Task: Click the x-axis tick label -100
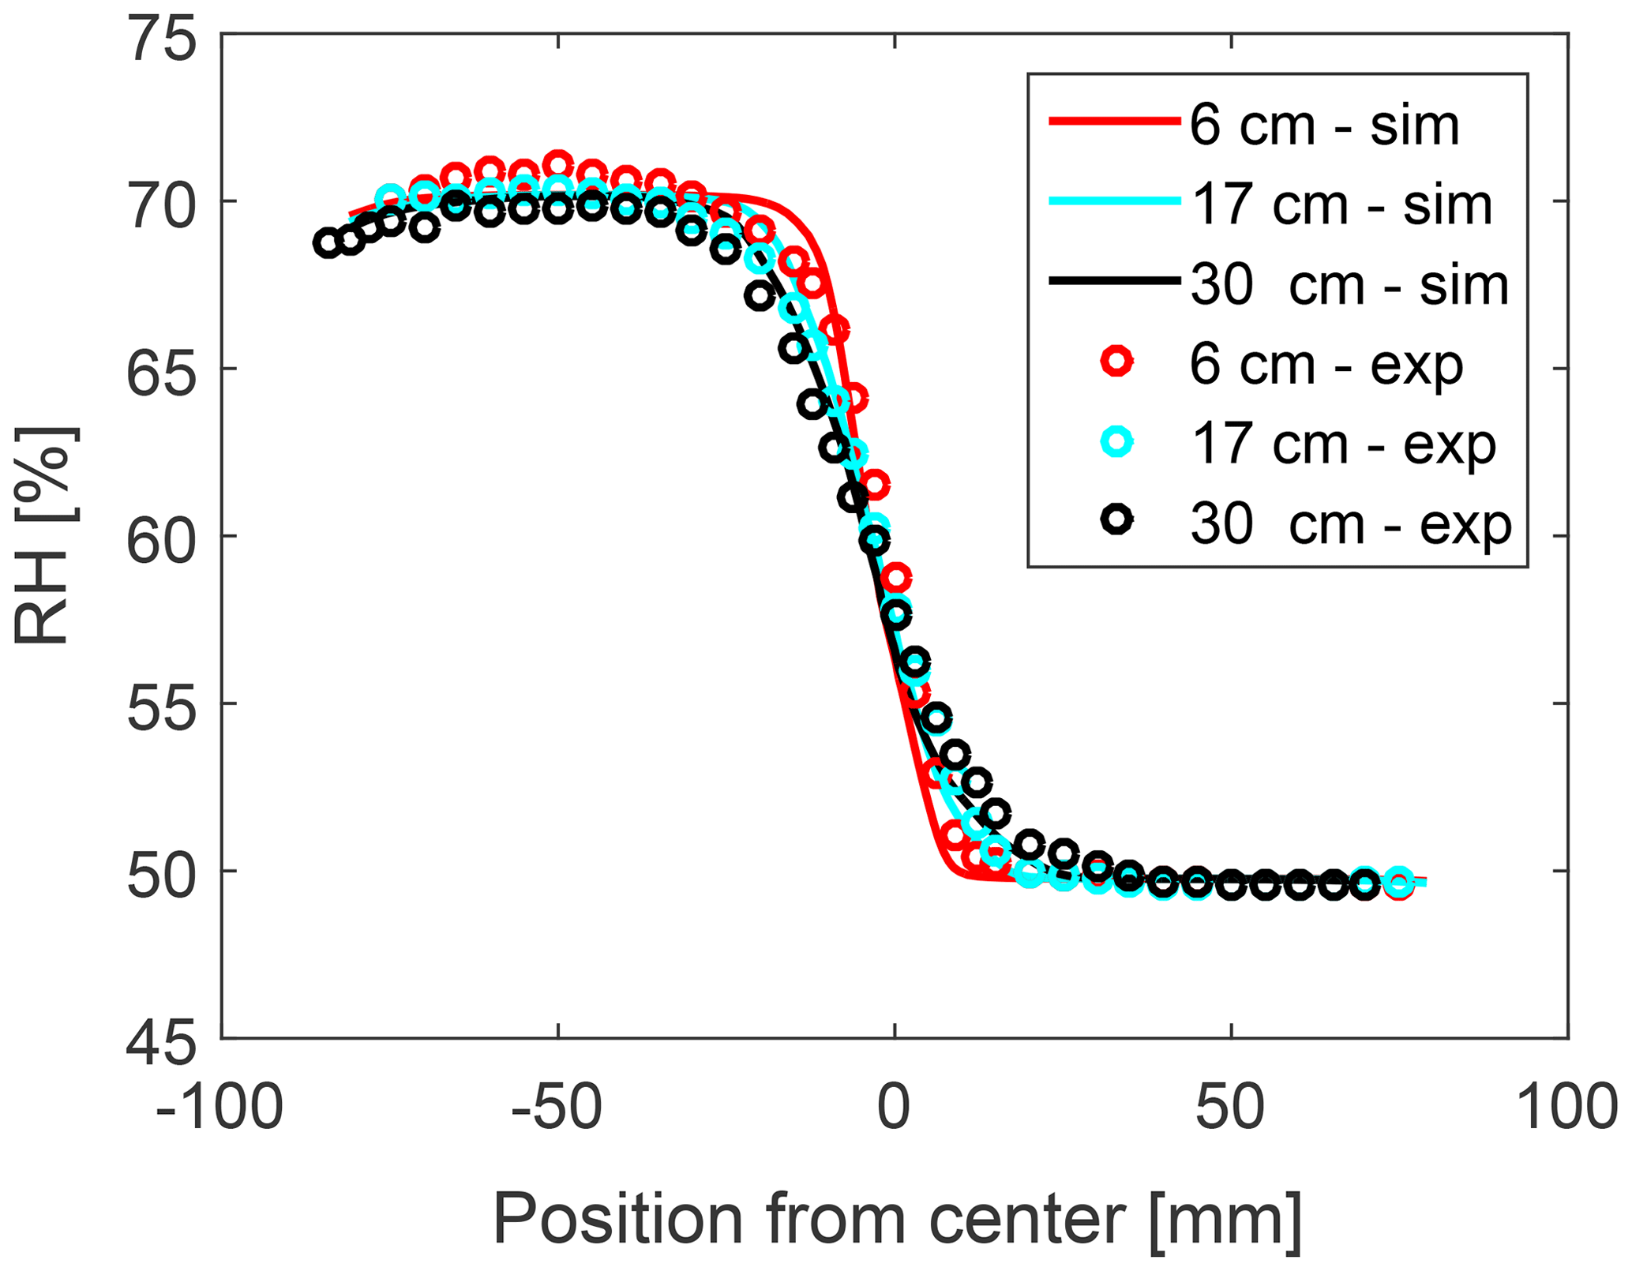[219, 1107]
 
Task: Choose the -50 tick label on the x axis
[557, 1107]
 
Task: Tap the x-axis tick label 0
[895, 1107]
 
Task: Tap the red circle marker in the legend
[1117, 362]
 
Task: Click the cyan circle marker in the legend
[1117, 442]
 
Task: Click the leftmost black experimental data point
[328, 243]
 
